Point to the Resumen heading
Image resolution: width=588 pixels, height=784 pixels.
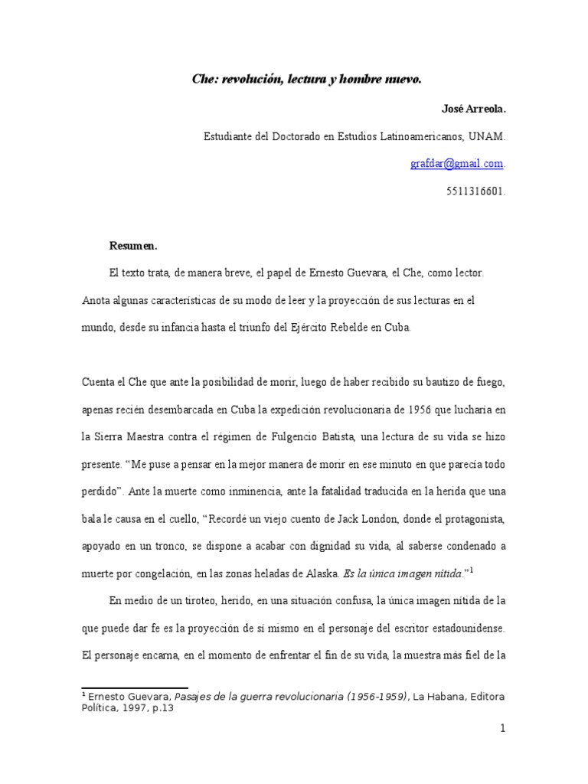[133, 246]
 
